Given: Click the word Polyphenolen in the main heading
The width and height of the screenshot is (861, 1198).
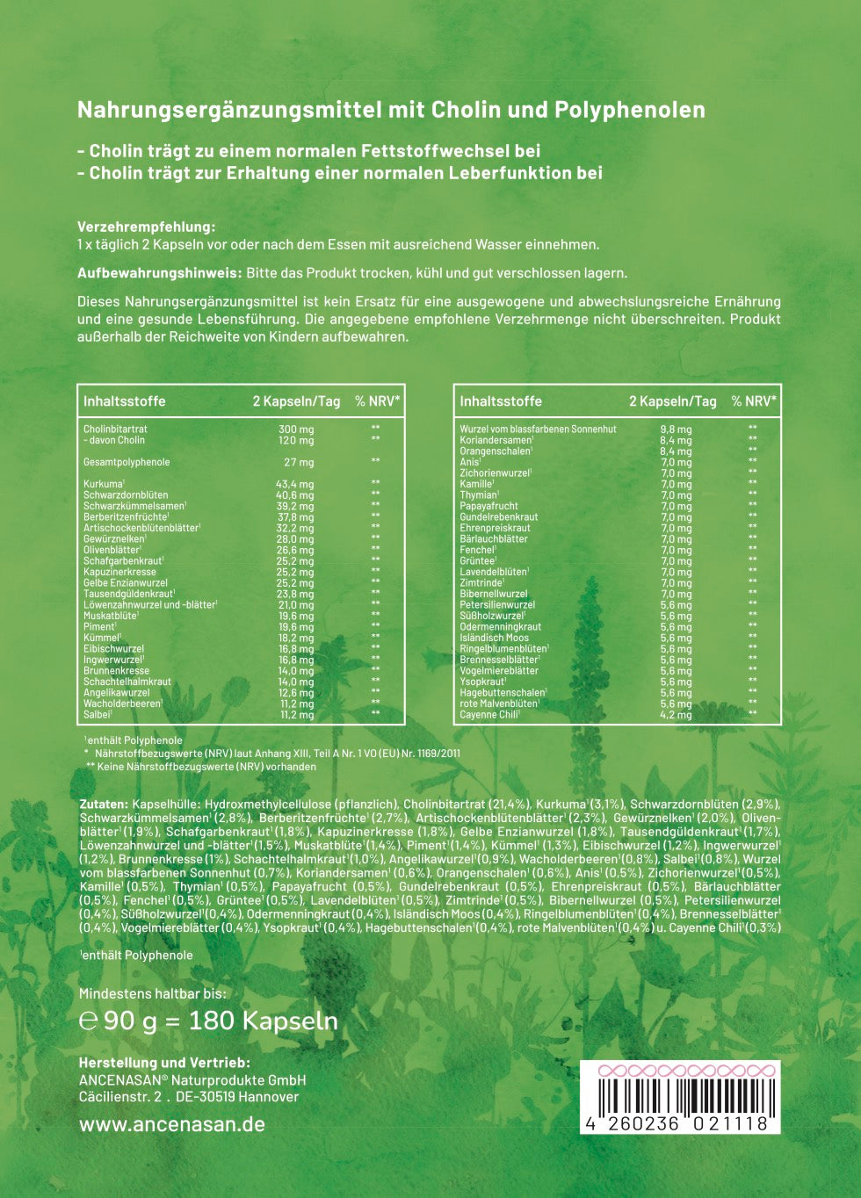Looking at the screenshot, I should click(x=629, y=110).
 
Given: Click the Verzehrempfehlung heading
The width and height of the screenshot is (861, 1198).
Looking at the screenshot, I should click(x=146, y=227).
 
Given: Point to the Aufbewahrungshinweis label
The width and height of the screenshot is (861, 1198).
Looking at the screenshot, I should click(x=159, y=273).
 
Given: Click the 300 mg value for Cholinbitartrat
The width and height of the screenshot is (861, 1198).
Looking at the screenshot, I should click(x=295, y=429).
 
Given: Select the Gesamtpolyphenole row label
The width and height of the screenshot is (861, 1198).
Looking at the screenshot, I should click(x=127, y=462).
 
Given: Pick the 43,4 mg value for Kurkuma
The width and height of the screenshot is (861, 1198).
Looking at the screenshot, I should click(x=295, y=484).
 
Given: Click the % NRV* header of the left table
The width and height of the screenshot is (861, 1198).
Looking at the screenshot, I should click(x=378, y=401).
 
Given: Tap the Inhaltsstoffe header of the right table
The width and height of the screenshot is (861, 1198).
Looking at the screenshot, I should click(x=501, y=401).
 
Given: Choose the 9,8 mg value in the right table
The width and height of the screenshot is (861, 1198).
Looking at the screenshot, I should click(x=676, y=429).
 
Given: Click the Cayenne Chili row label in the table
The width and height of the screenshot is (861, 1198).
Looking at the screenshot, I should click(x=488, y=715).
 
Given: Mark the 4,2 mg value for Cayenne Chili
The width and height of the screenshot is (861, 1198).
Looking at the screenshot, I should click(x=676, y=715).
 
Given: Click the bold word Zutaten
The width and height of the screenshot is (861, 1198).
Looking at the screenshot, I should click(x=104, y=804).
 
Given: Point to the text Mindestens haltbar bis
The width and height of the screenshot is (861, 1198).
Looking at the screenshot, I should click(x=152, y=993).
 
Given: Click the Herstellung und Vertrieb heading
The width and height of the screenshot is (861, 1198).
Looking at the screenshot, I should click(x=164, y=1063).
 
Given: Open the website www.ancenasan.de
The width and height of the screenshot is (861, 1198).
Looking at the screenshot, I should click(x=171, y=1124).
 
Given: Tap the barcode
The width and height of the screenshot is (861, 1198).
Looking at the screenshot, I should click(x=679, y=1099).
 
